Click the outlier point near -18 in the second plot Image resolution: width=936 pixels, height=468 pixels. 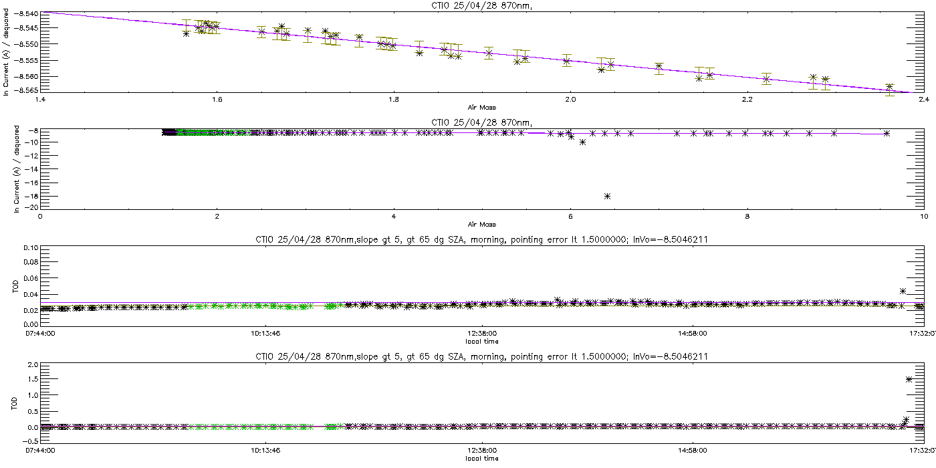pos(607,196)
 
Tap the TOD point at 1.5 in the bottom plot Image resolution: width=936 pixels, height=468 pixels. pos(909,380)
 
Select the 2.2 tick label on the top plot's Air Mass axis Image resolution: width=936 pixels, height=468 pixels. pos(747,100)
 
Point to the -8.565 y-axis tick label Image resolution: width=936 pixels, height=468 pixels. pos(26,90)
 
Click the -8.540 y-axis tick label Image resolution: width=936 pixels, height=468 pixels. pos(26,14)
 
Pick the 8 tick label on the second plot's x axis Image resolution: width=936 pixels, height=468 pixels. pos(747,217)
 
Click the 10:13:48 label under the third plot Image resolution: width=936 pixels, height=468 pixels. pos(266,334)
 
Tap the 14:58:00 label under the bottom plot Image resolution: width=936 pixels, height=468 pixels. pos(693,451)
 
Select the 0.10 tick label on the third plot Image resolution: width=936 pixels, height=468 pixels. pos(31,248)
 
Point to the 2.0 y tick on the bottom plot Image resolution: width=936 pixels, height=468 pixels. pos(33,365)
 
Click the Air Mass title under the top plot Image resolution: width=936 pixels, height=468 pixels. pos(482,108)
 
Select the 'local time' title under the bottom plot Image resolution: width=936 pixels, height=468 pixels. pos(482,459)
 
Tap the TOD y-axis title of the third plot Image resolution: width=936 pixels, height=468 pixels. pos(15,287)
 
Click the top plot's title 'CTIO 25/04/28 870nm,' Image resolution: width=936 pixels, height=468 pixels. pos(482,6)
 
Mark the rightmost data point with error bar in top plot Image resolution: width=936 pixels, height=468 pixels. pos(890,88)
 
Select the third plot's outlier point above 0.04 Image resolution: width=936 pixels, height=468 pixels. pos(903,291)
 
